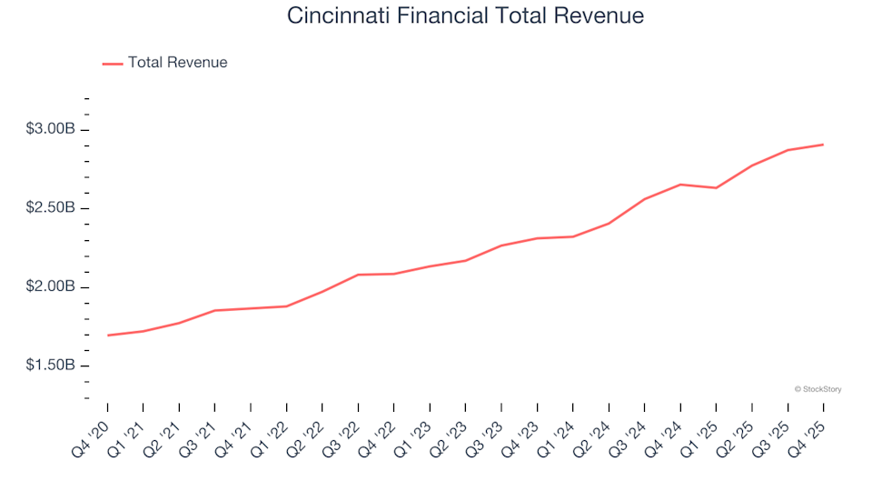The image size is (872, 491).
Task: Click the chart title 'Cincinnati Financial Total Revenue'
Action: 465,15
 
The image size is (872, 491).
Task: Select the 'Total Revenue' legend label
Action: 177,63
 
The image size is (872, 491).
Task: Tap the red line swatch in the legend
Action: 113,64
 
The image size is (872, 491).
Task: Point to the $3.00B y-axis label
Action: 51,130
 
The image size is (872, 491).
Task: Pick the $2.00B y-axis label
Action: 51,287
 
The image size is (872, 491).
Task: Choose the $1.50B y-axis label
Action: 51,366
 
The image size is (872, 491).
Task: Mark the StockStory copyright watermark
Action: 817,389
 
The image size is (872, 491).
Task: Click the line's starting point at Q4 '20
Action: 107,336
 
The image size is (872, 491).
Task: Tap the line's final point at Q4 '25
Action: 823,145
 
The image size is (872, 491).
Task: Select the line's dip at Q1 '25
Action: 716,188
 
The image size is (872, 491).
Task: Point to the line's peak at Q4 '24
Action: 680,185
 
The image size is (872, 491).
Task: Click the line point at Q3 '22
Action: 358,275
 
